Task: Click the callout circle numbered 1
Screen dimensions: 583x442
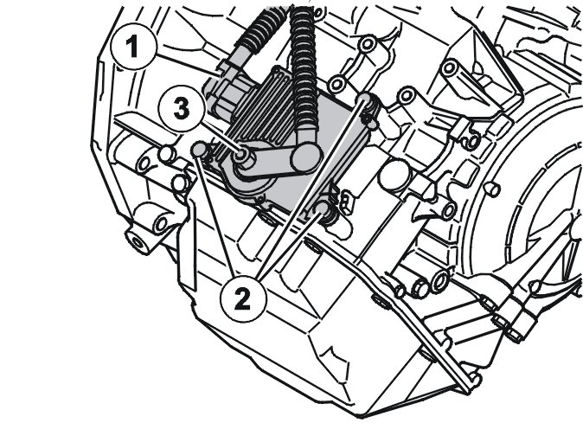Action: coord(134,47)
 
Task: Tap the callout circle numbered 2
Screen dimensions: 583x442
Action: coord(243,299)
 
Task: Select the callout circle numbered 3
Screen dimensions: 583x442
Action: coord(181,108)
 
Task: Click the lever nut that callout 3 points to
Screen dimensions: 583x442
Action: coord(241,154)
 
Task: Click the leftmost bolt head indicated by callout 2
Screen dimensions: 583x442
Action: coord(199,149)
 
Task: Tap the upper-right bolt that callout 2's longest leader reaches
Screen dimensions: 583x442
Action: coord(365,99)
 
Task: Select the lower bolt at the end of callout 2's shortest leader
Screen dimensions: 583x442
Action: coord(322,208)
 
